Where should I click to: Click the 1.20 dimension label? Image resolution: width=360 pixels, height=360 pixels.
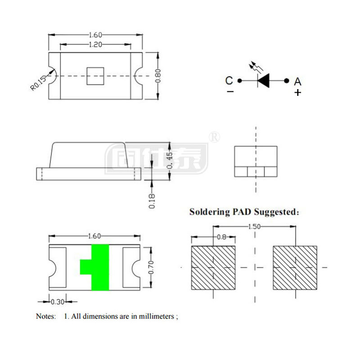point(94,44)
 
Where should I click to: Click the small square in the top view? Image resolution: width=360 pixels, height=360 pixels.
point(95,76)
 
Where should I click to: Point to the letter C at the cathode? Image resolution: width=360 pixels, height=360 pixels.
point(229,81)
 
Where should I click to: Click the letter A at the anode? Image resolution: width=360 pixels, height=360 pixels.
point(297,81)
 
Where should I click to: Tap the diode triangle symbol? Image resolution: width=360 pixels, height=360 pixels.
point(264,81)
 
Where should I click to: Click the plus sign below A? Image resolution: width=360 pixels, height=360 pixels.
point(297,93)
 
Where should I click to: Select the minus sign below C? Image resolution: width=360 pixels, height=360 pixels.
point(230,92)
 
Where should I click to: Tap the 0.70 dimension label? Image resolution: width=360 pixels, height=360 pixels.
point(152,267)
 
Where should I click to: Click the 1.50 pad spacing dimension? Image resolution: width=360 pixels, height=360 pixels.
point(254,227)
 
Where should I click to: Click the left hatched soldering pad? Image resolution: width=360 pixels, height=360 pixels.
point(213,268)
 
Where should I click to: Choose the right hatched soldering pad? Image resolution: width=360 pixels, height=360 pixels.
point(295,268)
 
